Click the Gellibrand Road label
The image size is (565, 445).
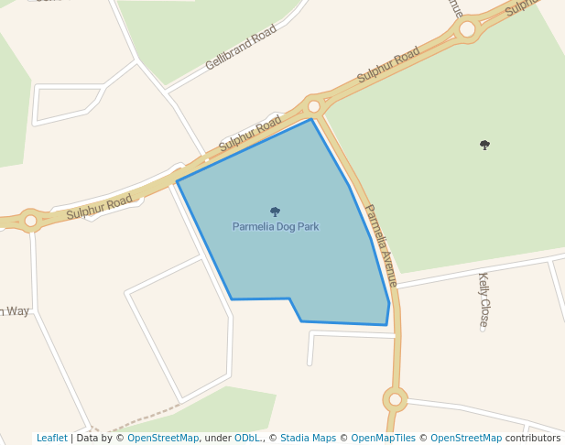(x=241, y=48)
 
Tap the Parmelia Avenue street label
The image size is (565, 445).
(x=381, y=243)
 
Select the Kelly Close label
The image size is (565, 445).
(x=484, y=299)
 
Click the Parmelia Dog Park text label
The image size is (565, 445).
(x=276, y=226)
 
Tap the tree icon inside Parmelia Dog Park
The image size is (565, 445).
(x=275, y=212)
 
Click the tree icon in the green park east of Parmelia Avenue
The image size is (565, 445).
(x=484, y=145)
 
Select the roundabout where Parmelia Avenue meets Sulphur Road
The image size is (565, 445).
(x=314, y=106)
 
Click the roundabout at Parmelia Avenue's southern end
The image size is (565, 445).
(x=396, y=399)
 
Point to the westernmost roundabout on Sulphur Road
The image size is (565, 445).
(x=30, y=221)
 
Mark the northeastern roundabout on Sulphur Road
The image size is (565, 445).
(x=467, y=28)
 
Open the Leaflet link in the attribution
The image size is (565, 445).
(x=51, y=438)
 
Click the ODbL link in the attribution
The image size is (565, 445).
(x=247, y=438)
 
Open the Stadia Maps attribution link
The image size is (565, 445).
(x=308, y=438)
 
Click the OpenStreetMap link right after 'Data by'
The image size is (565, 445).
(x=163, y=438)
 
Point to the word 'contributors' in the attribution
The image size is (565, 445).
(x=532, y=438)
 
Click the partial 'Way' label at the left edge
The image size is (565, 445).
(x=16, y=311)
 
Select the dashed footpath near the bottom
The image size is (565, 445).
(x=137, y=417)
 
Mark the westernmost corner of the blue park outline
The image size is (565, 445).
(x=177, y=181)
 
